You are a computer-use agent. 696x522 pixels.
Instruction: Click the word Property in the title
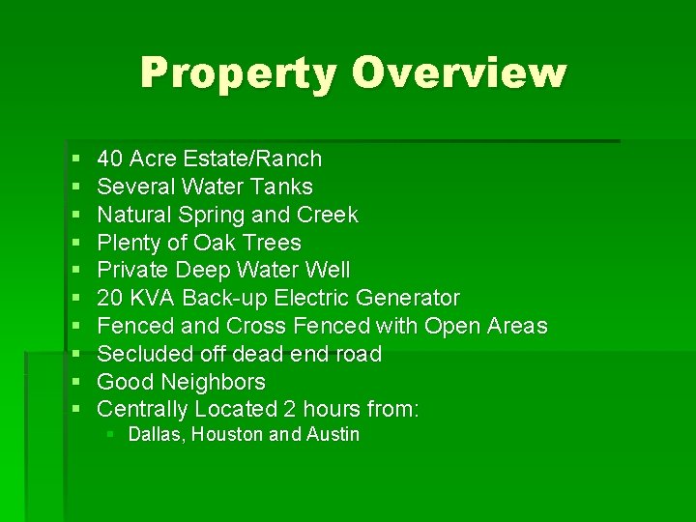[x=238, y=73]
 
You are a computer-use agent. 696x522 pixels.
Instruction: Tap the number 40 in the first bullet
[x=110, y=159]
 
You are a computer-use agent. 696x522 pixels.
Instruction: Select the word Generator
[x=408, y=299]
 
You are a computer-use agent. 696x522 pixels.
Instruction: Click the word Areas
[x=515, y=327]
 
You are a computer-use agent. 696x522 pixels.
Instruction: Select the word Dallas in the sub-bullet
[x=155, y=435]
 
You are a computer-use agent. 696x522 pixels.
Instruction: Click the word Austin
[x=333, y=435]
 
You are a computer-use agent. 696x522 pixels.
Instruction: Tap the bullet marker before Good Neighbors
[x=75, y=383]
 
